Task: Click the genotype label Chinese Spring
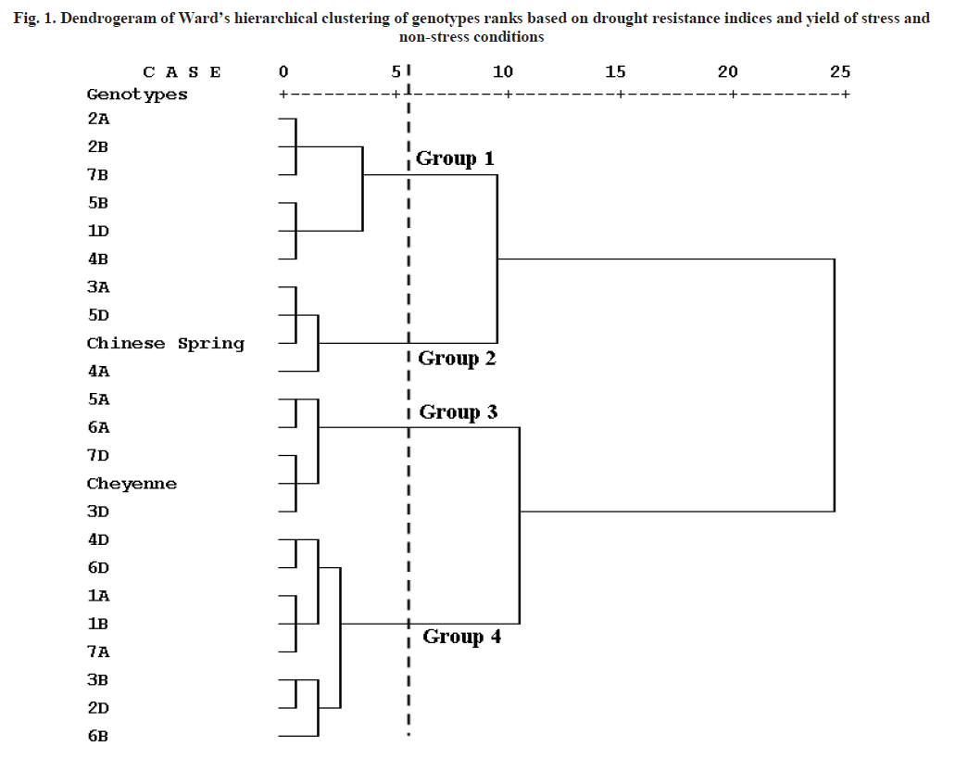click(165, 343)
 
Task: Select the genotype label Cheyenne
click(132, 484)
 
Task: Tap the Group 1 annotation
click(455, 158)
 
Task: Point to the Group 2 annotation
click(457, 359)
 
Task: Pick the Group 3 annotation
click(458, 412)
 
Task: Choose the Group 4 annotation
click(461, 637)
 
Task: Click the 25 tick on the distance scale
click(839, 72)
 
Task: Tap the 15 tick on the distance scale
click(615, 72)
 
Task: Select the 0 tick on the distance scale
click(283, 72)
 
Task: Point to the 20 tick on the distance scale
click(728, 72)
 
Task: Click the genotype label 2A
click(98, 119)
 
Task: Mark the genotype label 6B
click(98, 736)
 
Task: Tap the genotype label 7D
click(98, 455)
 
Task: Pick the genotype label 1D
click(98, 231)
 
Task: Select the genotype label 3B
click(98, 679)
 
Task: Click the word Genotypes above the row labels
click(137, 95)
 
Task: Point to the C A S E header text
click(182, 72)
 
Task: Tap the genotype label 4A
click(98, 371)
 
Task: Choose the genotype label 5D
click(98, 315)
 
